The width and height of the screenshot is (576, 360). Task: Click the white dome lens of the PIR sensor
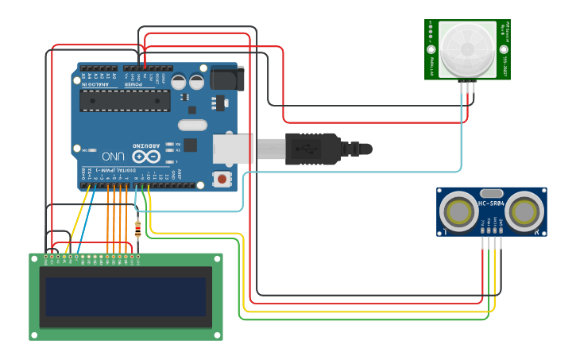(x=467, y=49)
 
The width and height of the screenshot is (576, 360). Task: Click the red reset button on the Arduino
(x=221, y=180)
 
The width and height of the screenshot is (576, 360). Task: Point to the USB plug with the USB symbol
(x=314, y=149)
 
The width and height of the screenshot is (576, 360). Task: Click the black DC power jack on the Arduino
(x=227, y=79)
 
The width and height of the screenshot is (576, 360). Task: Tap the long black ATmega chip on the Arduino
(x=125, y=101)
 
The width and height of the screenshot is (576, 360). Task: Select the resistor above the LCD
(x=139, y=230)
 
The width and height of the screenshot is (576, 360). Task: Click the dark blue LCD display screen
(x=126, y=296)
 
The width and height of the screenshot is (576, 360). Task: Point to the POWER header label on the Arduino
(x=133, y=83)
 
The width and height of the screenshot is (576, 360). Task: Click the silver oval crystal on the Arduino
(x=192, y=125)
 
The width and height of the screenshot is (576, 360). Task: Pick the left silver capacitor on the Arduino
(x=179, y=81)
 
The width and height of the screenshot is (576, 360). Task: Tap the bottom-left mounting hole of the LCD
(x=35, y=335)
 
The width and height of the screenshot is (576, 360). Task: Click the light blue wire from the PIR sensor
(x=462, y=135)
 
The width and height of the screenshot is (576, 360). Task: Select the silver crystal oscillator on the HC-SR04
(x=491, y=193)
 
